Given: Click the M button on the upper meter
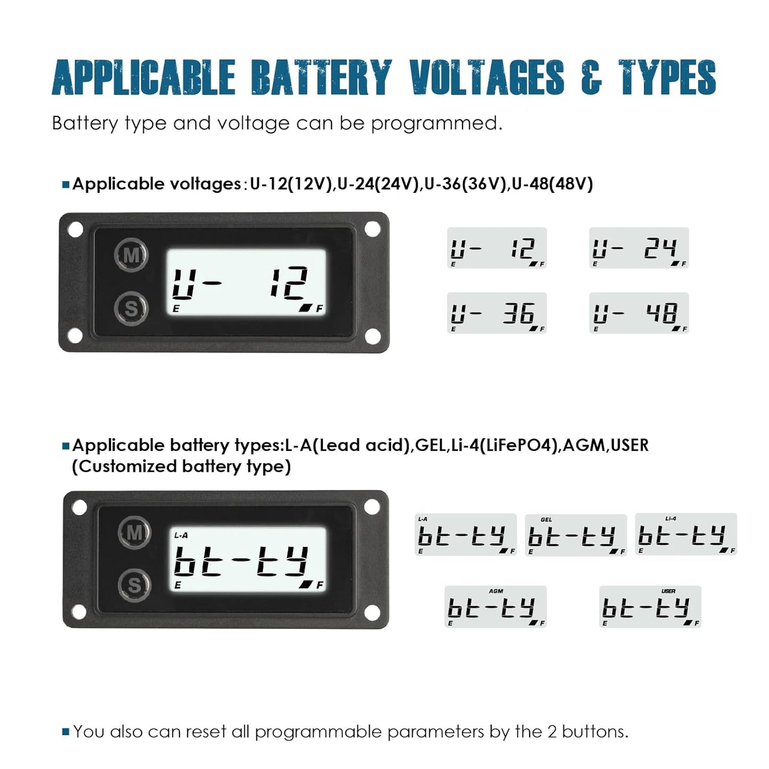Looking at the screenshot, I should pos(131,256).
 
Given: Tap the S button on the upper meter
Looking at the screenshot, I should pos(131,308).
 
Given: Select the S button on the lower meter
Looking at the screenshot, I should pos(134,585).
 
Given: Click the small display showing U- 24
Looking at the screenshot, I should pos(639,248).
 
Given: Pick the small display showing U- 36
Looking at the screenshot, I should pos(497,313).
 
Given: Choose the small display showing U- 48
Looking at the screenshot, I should pos(639,313).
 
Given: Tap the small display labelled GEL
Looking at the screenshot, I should pos(575,535).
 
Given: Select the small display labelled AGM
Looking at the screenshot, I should pos(495,607).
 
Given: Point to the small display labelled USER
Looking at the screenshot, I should pos(650,607).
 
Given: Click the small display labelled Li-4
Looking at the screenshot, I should pos(686,534).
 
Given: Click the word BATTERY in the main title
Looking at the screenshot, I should pos(321,78).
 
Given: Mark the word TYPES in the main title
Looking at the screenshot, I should pos(667,78).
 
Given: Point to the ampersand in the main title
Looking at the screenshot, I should pos(591,78).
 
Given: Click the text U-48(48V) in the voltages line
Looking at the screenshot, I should pos(552,184).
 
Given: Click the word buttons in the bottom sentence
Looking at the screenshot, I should pos(594,732).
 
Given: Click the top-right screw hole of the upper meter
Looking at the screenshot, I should pos(372,230).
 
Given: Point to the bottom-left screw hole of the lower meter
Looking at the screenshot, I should pos(79,612).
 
